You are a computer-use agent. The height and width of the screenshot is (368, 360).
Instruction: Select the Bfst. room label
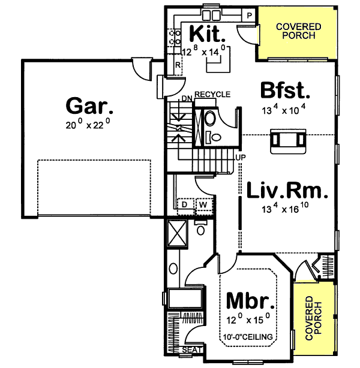286,92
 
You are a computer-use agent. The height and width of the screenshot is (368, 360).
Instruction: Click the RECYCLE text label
212,95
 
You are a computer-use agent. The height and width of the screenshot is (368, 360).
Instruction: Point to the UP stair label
240,157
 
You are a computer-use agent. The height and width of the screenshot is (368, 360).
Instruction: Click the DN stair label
186,99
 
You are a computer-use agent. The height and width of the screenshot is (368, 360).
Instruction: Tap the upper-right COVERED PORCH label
299,31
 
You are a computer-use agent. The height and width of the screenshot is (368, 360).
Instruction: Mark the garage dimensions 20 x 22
88,126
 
